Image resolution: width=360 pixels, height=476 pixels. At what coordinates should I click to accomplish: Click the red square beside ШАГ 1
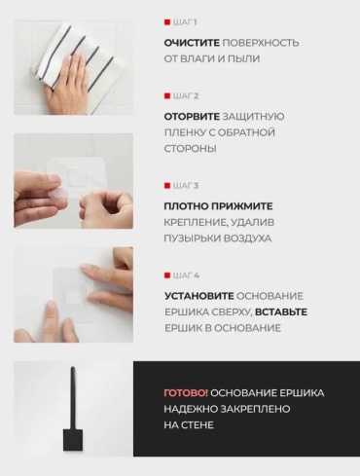tap(167, 22)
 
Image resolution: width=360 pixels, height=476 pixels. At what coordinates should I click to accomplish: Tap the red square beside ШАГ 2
tap(167, 96)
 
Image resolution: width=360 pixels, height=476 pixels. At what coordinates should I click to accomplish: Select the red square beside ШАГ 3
tap(167, 186)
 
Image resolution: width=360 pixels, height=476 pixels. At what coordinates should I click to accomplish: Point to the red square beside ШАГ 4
tap(167, 275)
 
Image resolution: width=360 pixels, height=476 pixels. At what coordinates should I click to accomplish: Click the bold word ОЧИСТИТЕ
tap(192, 43)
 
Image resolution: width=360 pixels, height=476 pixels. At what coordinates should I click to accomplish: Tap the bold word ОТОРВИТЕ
tap(192, 117)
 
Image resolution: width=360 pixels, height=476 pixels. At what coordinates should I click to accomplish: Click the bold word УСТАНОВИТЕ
tap(199, 296)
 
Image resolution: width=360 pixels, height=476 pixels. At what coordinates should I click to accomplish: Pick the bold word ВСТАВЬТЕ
tap(281, 312)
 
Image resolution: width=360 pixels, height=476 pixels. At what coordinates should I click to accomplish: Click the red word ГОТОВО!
tap(186, 393)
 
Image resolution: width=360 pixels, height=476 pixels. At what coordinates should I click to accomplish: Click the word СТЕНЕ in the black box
tap(198, 425)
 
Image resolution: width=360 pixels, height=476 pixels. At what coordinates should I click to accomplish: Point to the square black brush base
tap(73, 440)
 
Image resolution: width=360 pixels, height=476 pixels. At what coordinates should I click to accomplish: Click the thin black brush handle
tap(73, 398)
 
